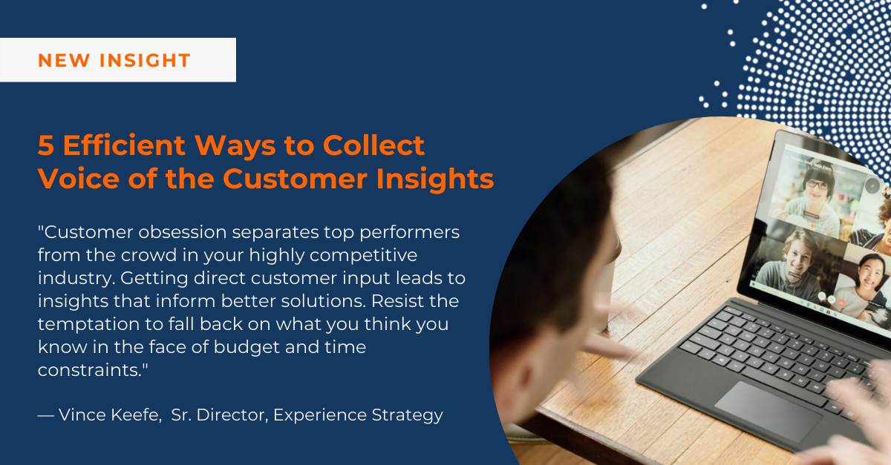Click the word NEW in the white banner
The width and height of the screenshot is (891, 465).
pos(64,60)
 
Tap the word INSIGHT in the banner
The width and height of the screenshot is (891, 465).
pos(145,60)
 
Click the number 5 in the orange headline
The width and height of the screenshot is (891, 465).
pos(46,145)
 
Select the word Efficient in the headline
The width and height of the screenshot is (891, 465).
pos(124,145)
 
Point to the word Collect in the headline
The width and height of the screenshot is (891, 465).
pos(373,145)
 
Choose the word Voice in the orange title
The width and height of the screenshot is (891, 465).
pos(79,178)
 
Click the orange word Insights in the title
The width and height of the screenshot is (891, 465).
pos(435,179)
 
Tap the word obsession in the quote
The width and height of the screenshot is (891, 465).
pos(182,232)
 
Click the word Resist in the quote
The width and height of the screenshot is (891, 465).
pos(395,301)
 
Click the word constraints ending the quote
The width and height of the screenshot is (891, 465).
pos(90,370)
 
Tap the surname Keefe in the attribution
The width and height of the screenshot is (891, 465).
pos(135,415)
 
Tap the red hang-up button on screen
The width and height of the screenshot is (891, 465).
pos(841,303)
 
